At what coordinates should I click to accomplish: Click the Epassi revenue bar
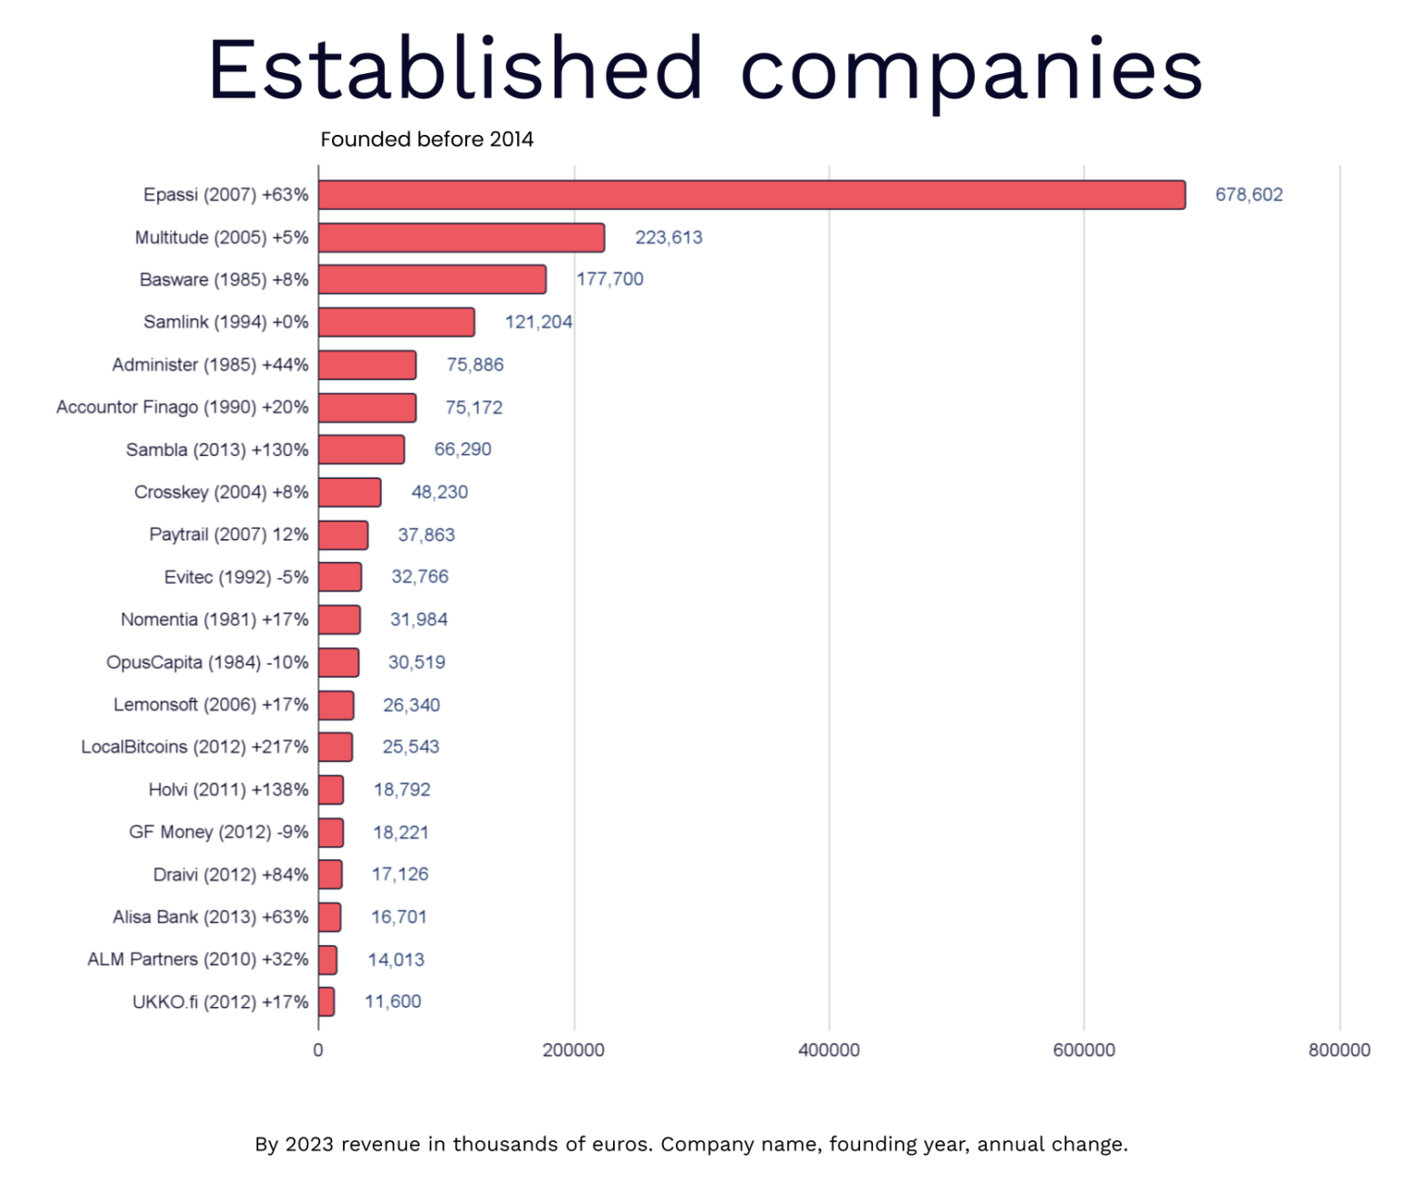pyautogui.click(x=752, y=195)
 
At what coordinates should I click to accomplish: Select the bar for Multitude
pyautogui.click(x=462, y=238)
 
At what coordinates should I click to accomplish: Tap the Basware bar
pyautogui.click(x=432, y=280)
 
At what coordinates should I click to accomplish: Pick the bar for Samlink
pyautogui.click(x=397, y=322)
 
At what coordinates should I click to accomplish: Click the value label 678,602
pyautogui.click(x=1248, y=195)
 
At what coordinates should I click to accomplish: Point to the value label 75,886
pyautogui.click(x=474, y=365)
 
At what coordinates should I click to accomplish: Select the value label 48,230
pyautogui.click(x=439, y=492)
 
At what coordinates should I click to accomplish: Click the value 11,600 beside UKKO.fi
pyautogui.click(x=392, y=1001)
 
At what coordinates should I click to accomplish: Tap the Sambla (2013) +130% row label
pyautogui.click(x=217, y=450)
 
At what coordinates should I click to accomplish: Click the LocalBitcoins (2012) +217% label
pyautogui.click(x=194, y=747)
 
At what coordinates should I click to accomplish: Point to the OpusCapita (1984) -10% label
pyautogui.click(x=207, y=662)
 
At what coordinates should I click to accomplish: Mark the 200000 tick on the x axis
pyautogui.click(x=573, y=1051)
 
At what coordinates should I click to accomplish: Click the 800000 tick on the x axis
pyautogui.click(x=1338, y=1051)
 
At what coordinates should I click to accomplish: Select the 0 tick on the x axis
pyautogui.click(x=318, y=1051)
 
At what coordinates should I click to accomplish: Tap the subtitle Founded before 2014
pyautogui.click(x=426, y=140)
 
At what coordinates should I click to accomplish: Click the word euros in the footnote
pyautogui.click(x=617, y=1145)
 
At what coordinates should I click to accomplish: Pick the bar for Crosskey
pyautogui.click(x=349, y=492)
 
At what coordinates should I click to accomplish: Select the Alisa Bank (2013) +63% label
pyautogui.click(x=210, y=917)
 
